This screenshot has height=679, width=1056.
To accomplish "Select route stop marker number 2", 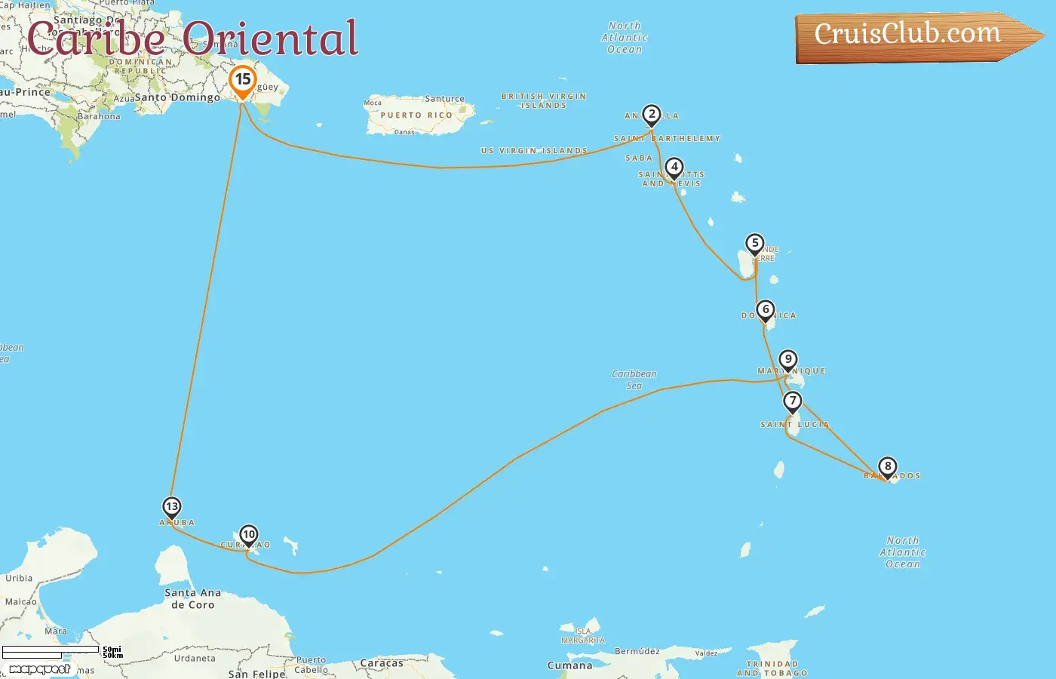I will pyautogui.click(x=652, y=115).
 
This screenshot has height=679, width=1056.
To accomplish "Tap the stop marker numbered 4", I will pyautogui.click(x=674, y=168).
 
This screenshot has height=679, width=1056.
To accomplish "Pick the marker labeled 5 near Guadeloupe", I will pyautogui.click(x=754, y=244).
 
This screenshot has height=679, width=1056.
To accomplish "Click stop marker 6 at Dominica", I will pyautogui.click(x=766, y=309).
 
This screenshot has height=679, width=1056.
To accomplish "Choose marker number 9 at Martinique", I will pyautogui.click(x=787, y=360).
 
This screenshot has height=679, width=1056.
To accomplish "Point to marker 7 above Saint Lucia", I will pyautogui.click(x=792, y=401).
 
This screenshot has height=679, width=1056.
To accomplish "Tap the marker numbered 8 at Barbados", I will pyautogui.click(x=888, y=467).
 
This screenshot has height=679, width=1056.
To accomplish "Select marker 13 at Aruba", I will pyautogui.click(x=172, y=507).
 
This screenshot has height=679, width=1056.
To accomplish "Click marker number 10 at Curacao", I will pyautogui.click(x=248, y=535).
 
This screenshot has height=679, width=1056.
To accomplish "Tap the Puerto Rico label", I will pyautogui.click(x=416, y=115).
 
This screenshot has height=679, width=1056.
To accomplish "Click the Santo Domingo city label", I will pyautogui.click(x=178, y=97).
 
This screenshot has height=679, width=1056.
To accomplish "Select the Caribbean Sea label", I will pyautogui.click(x=634, y=379).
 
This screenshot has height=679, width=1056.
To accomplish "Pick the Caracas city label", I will pyautogui.click(x=382, y=663).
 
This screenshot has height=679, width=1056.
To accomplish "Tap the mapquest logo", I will pyautogui.click(x=39, y=669).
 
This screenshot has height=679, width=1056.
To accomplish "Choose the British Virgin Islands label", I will pyautogui.click(x=544, y=100).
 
